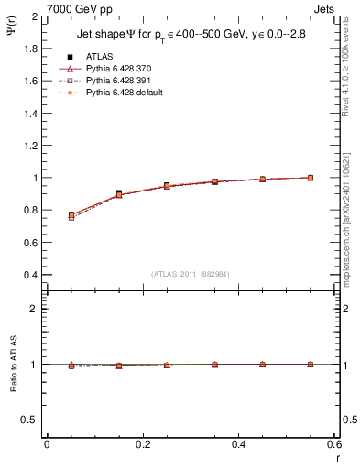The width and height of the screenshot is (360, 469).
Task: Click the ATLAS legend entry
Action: tap(99, 57)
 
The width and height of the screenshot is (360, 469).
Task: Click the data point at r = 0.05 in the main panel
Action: tap(71, 215)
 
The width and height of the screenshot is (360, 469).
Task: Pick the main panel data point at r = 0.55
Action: tap(311, 178)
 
